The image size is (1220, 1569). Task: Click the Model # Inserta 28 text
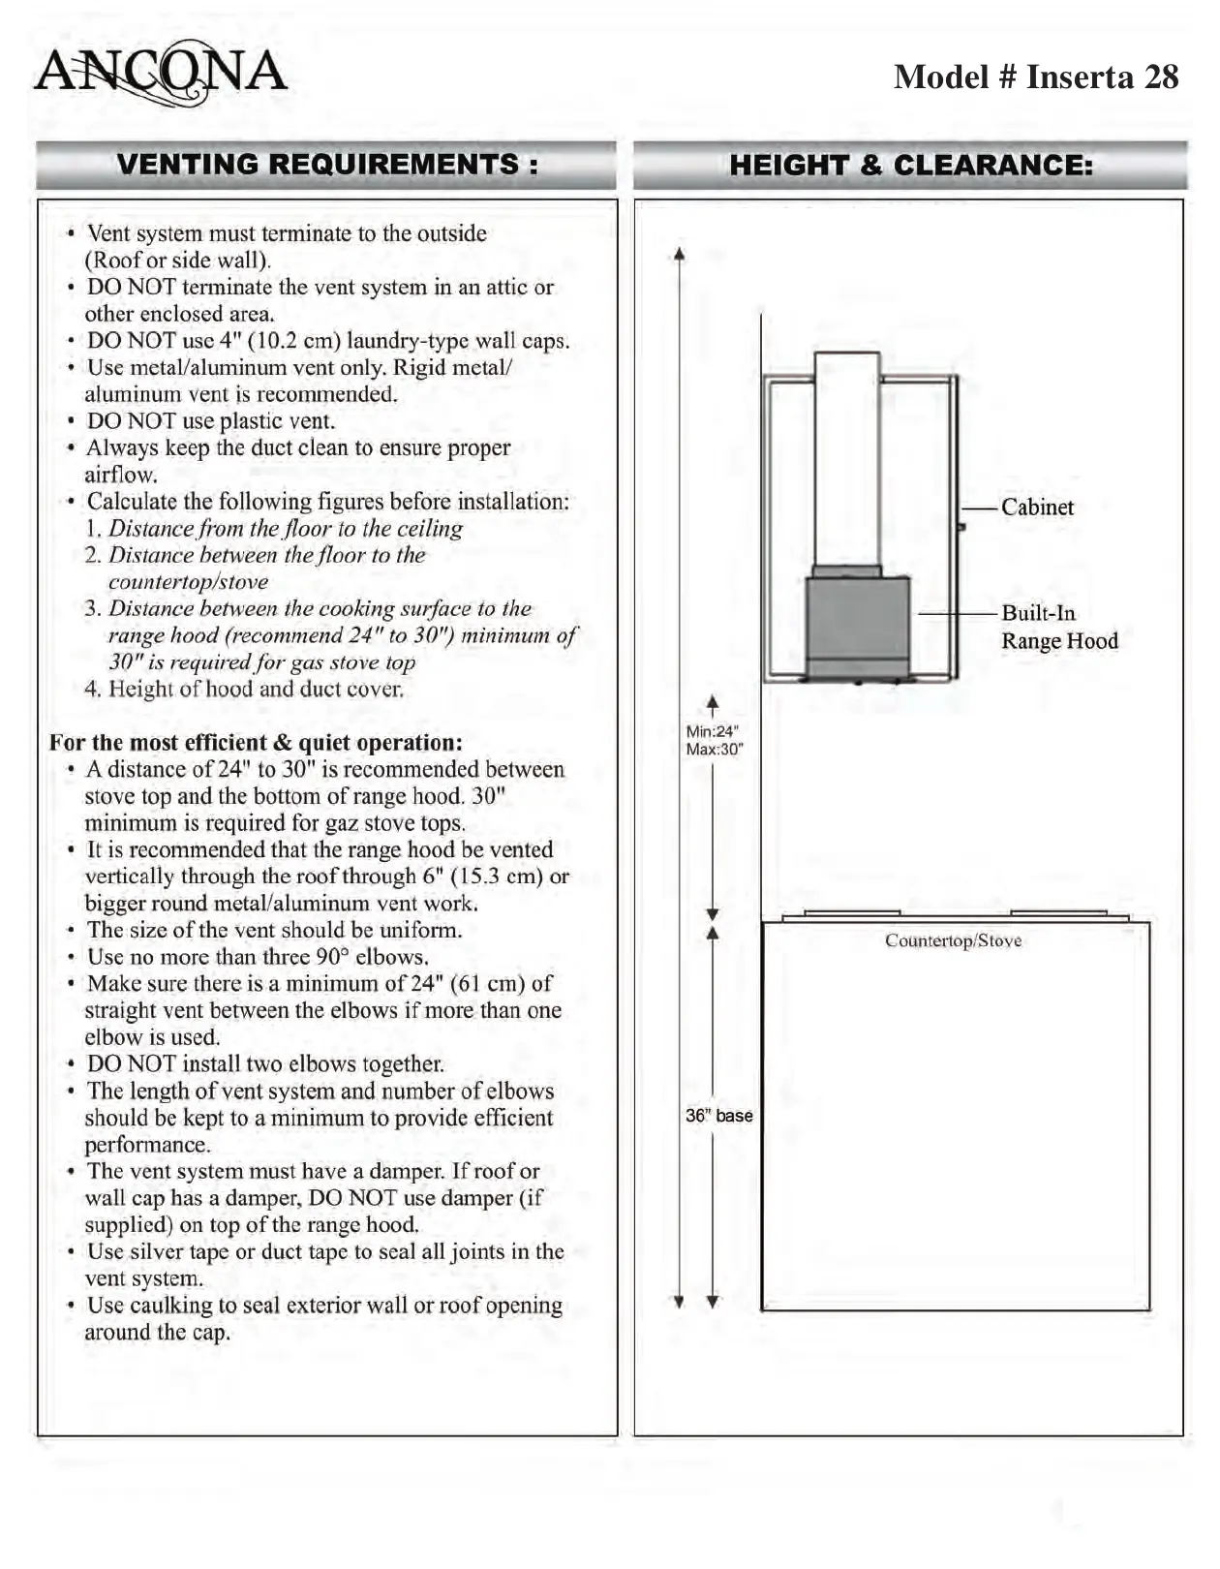click(x=1035, y=77)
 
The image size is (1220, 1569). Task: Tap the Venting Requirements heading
click(x=326, y=165)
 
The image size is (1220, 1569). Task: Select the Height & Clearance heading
click(x=910, y=166)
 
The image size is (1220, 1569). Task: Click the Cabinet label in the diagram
click(x=1037, y=508)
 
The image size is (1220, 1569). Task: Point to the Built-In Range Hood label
click(x=1058, y=627)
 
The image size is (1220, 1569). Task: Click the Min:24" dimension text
click(x=712, y=731)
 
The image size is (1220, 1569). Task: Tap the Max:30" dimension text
click(x=714, y=750)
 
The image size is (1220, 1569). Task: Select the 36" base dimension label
click(x=718, y=1116)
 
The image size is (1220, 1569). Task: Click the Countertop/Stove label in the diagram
click(x=953, y=940)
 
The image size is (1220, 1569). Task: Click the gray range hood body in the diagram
click(x=857, y=620)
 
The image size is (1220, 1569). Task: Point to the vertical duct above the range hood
click(x=846, y=460)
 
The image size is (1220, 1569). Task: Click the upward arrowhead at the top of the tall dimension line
click(x=680, y=255)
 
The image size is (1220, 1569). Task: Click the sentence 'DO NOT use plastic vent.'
click(x=210, y=421)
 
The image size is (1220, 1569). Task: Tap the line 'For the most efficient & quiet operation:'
click(x=256, y=743)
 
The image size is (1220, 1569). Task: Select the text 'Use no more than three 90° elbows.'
click(x=257, y=957)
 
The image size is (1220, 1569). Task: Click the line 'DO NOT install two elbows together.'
click(x=265, y=1064)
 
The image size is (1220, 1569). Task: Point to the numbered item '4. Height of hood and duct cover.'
click(x=244, y=689)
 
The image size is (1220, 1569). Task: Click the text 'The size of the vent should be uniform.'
click(x=274, y=930)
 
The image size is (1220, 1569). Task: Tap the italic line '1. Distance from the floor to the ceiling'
click(x=274, y=529)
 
